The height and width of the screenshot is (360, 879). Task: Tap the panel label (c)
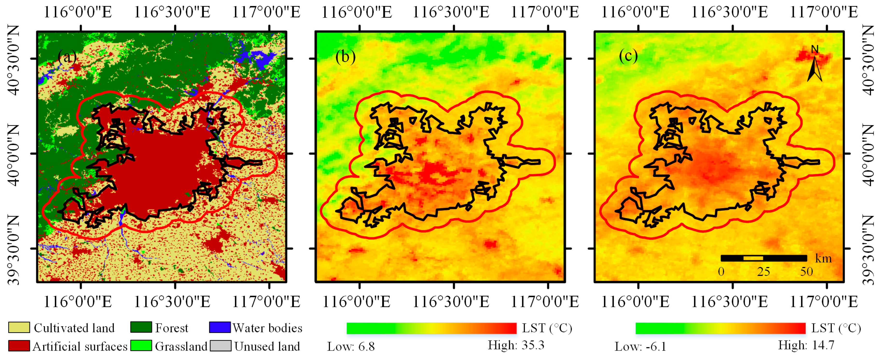[x=628, y=56]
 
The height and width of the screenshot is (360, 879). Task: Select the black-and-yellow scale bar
[x=764, y=258]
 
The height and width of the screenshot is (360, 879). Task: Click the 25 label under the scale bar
[x=763, y=272]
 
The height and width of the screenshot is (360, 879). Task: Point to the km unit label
[x=823, y=258]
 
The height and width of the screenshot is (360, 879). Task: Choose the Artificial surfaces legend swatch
[x=19, y=346]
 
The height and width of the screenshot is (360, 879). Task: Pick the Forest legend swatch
[x=141, y=327]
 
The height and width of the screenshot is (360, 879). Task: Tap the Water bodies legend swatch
[x=220, y=327]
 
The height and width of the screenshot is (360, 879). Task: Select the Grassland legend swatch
[x=141, y=346]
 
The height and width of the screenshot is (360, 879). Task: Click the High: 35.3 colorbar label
[x=516, y=345]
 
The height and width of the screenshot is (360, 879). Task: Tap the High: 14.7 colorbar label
[x=806, y=345]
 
